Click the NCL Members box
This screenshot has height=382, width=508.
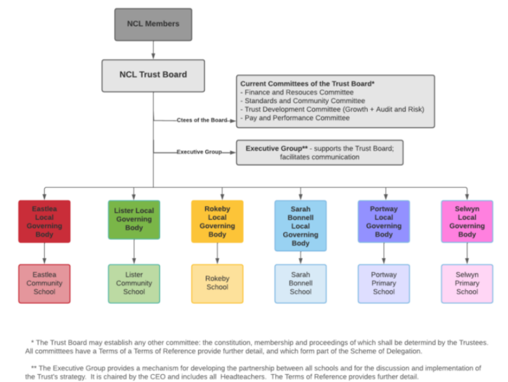153,24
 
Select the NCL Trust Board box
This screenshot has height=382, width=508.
153,75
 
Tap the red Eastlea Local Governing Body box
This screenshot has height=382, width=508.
44,221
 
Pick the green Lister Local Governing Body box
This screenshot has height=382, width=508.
134,219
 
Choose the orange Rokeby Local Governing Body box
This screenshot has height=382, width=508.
217,221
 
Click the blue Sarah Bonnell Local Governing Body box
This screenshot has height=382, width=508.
300,225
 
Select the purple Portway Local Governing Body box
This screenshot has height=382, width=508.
384,221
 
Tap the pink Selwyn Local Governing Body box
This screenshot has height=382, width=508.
467,221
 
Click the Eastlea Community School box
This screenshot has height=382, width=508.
44,284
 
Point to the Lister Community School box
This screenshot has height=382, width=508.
134,284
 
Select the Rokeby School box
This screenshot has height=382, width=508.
217,284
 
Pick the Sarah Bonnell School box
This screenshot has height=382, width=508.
300,284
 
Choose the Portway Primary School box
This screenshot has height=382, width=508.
384,284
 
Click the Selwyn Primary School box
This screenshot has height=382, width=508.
467,284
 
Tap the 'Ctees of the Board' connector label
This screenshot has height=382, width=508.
202,121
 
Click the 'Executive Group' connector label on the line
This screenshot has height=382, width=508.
199,152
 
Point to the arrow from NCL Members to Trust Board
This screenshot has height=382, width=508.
153,50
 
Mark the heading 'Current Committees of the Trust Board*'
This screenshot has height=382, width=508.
308,84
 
